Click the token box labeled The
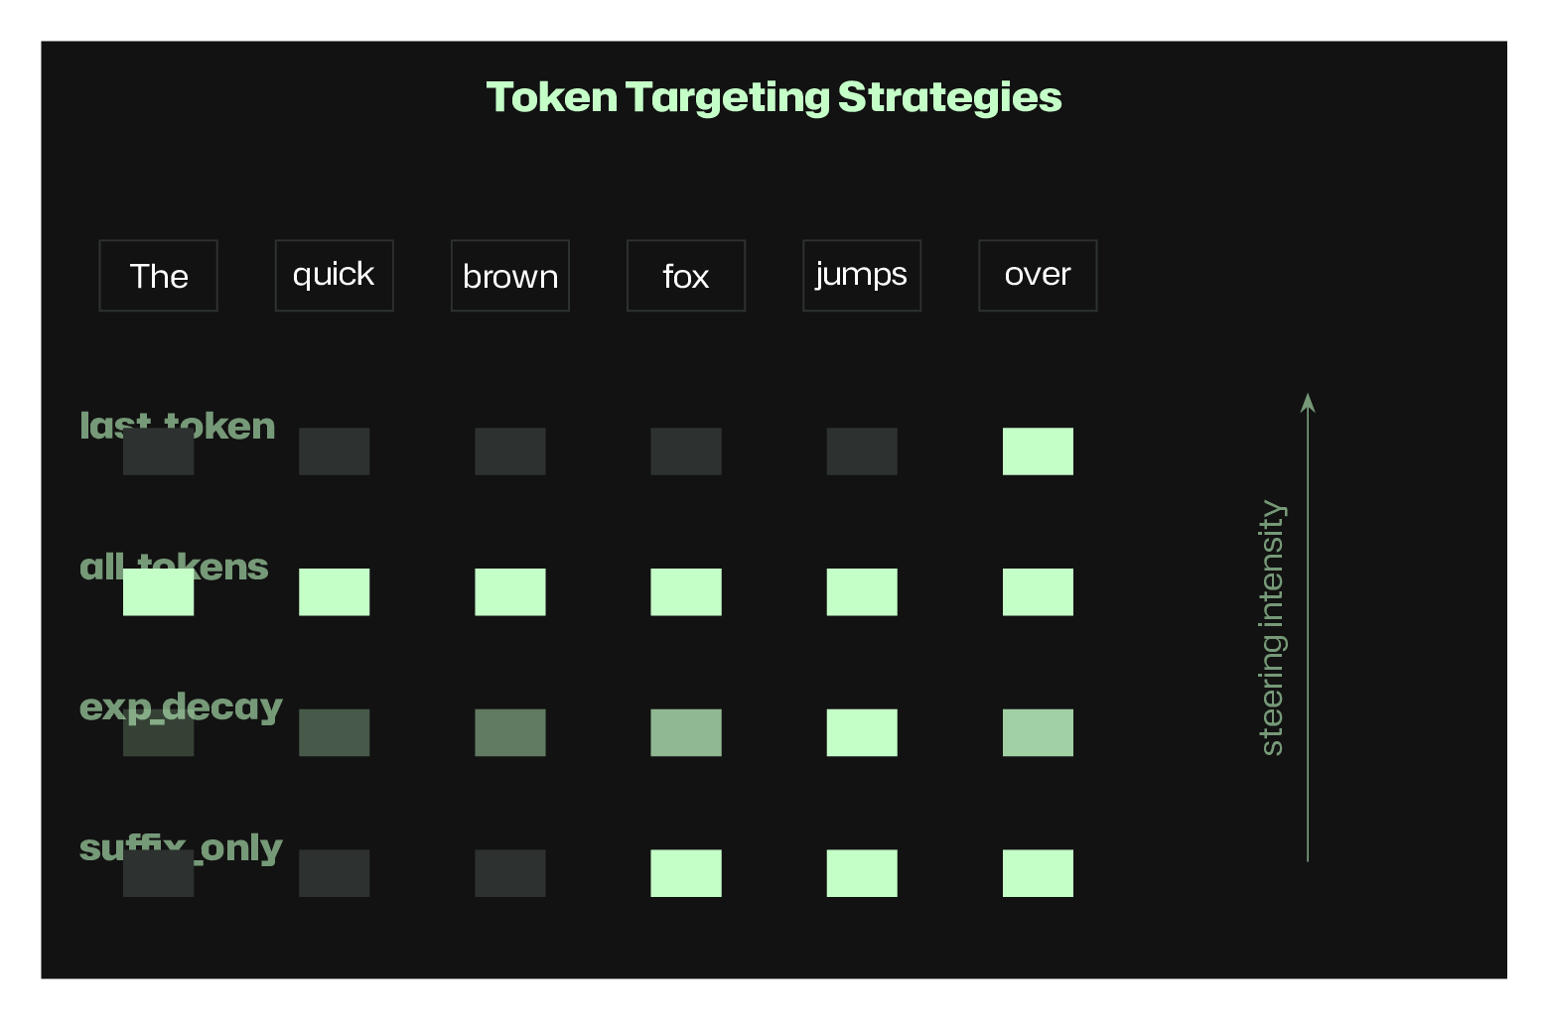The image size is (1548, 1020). (158, 276)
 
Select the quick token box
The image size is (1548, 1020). (334, 276)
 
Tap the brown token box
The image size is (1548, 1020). (510, 276)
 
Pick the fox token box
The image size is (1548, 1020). (686, 276)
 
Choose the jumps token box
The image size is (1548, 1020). (862, 276)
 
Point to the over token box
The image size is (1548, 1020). (1038, 276)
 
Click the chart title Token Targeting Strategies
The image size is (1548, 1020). (774, 97)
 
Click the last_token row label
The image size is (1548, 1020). (178, 426)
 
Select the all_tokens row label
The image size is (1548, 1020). (174, 567)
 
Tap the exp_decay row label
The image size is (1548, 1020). (181, 707)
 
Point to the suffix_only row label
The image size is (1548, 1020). (181, 847)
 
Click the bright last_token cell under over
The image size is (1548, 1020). (1038, 451)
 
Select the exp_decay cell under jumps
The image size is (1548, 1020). (862, 732)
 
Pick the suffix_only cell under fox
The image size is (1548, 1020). (686, 873)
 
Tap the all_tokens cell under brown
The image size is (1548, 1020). (510, 592)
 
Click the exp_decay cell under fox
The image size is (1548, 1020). (686, 732)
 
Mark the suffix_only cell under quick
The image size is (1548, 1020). (334, 873)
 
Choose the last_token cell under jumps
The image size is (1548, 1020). (862, 451)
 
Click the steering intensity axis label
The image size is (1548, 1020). (1272, 627)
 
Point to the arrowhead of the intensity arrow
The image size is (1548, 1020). (1308, 401)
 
